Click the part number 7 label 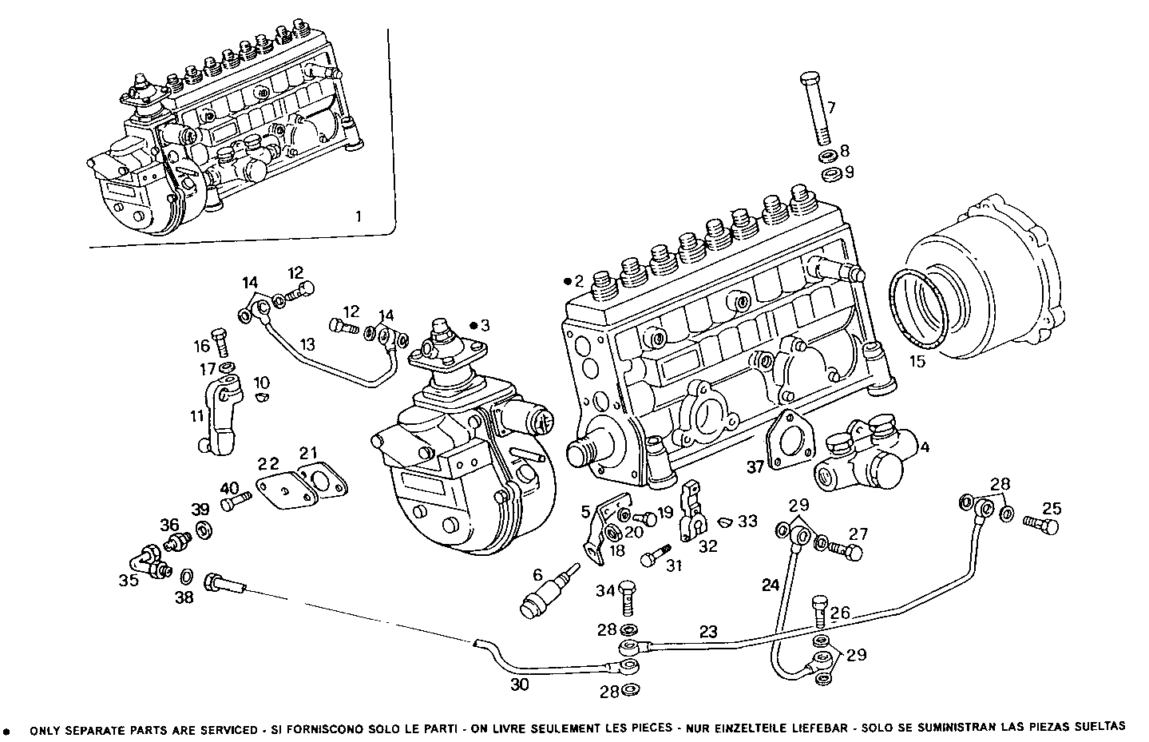pos(830,107)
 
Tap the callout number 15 pos(917,361)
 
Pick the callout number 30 pos(519,684)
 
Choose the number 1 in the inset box pos(359,216)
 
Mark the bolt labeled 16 pos(220,342)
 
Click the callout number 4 pos(925,446)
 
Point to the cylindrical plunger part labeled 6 pos(541,597)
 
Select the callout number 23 pos(708,630)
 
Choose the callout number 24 pos(770,585)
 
